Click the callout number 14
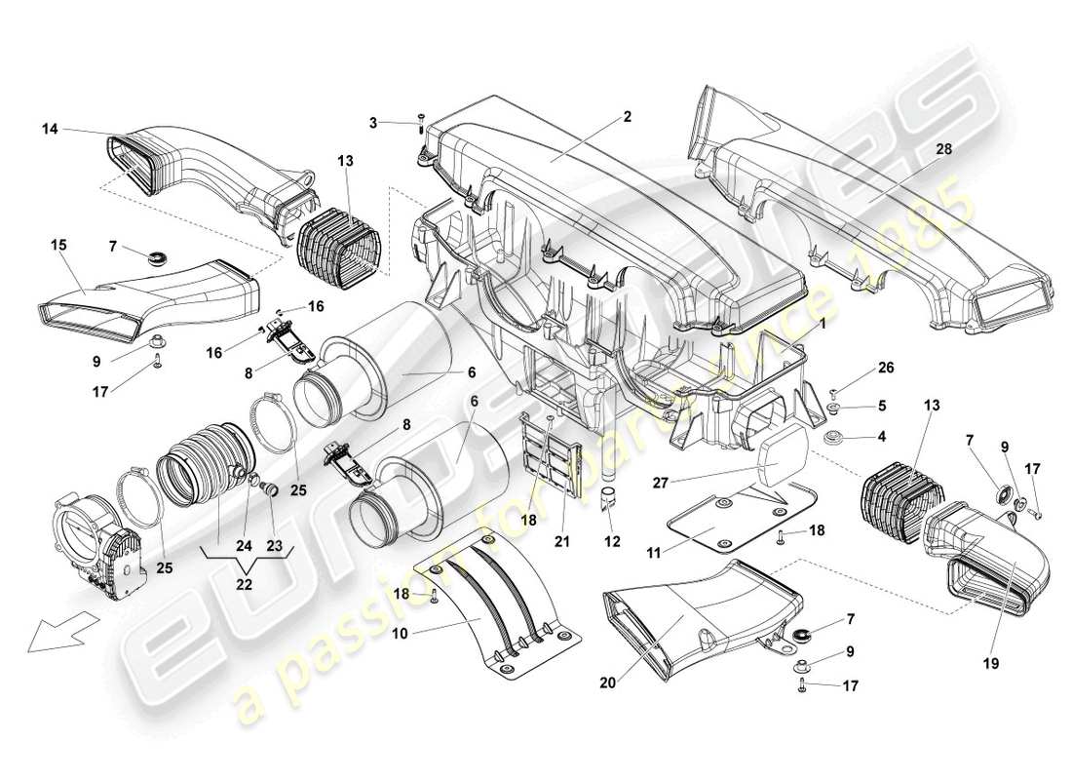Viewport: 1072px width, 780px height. click(50, 128)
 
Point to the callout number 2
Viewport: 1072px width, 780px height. click(628, 116)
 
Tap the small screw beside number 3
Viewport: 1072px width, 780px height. click(419, 121)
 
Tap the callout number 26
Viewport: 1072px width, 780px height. click(885, 369)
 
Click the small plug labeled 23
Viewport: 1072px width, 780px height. click(273, 487)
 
